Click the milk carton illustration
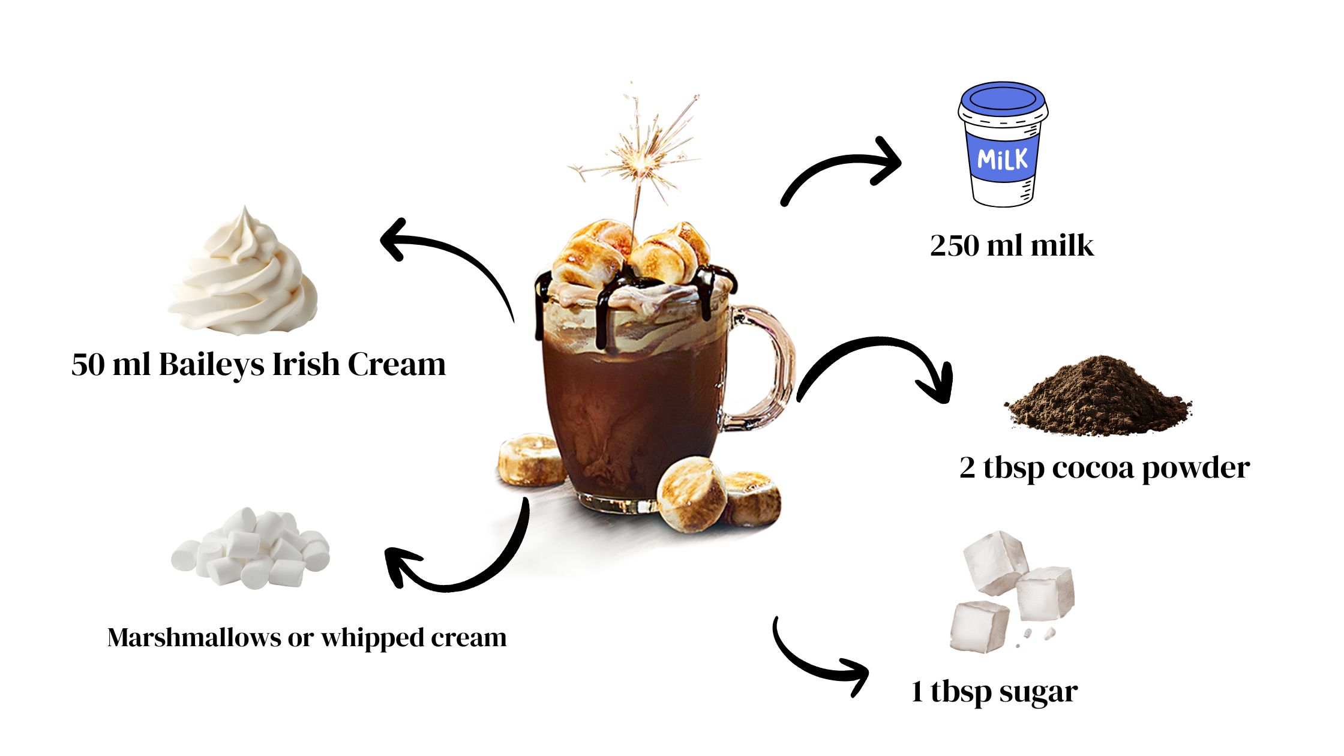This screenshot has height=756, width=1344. coord(1002,147)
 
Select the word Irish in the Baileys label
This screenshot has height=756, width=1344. coord(306,365)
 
